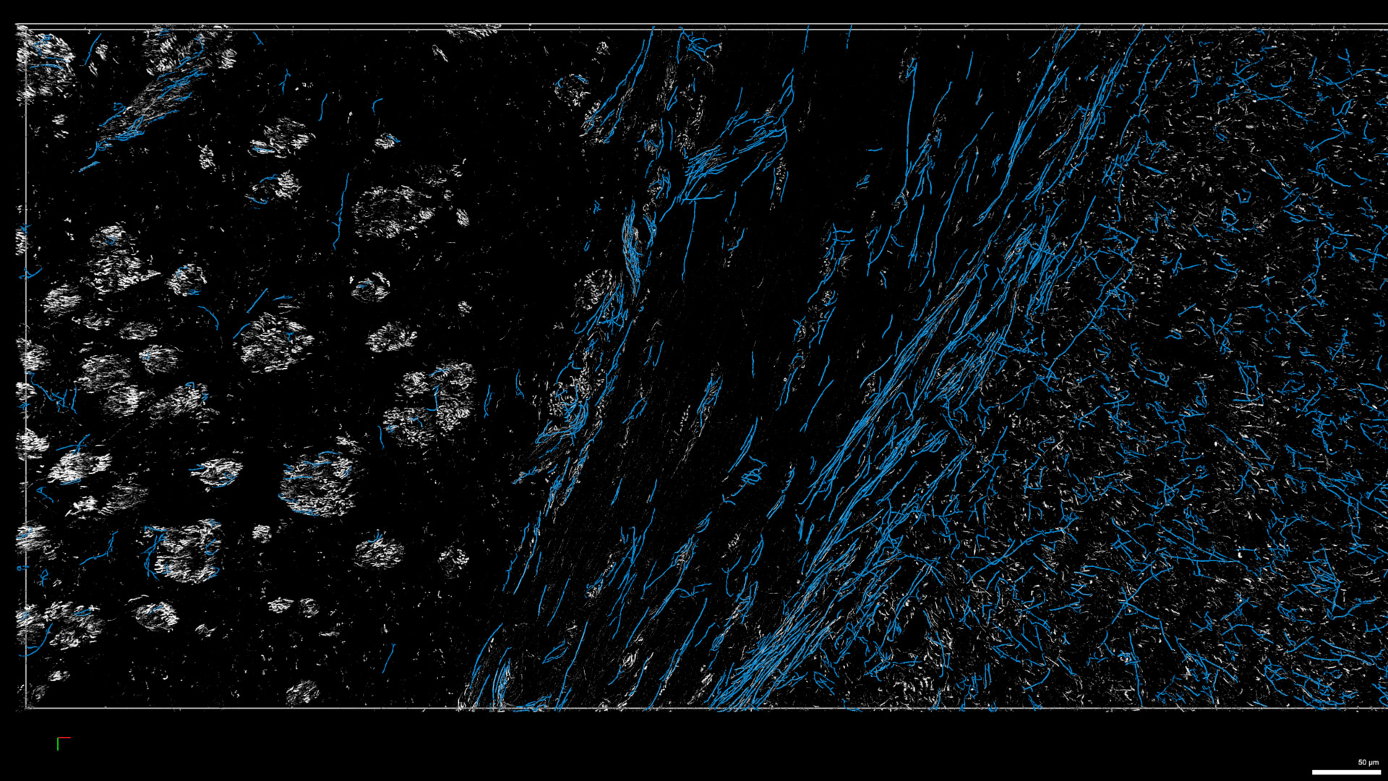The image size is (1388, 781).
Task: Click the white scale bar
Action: (1346, 772)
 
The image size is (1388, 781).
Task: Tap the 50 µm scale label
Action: (1368, 762)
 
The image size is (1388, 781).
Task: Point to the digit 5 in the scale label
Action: (1360, 762)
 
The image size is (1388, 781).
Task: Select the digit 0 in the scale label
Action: (1364, 762)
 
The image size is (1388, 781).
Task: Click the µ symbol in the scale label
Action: (1371, 763)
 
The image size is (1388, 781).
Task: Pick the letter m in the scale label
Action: (1376, 763)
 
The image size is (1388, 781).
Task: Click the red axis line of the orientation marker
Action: (64, 738)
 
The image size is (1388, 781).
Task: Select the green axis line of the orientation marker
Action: (58, 745)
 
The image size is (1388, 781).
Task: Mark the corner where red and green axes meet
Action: (58, 738)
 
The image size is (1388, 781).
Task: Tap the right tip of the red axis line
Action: (70, 738)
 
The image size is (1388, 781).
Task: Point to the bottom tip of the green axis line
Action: (58, 751)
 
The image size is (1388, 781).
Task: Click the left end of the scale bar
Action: (1313, 772)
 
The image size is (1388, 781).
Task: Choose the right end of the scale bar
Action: (1380, 772)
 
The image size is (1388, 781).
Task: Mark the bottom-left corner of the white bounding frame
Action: (26, 708)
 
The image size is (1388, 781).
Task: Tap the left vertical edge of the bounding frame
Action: (26, 362)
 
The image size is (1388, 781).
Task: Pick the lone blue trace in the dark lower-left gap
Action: (389, 657)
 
